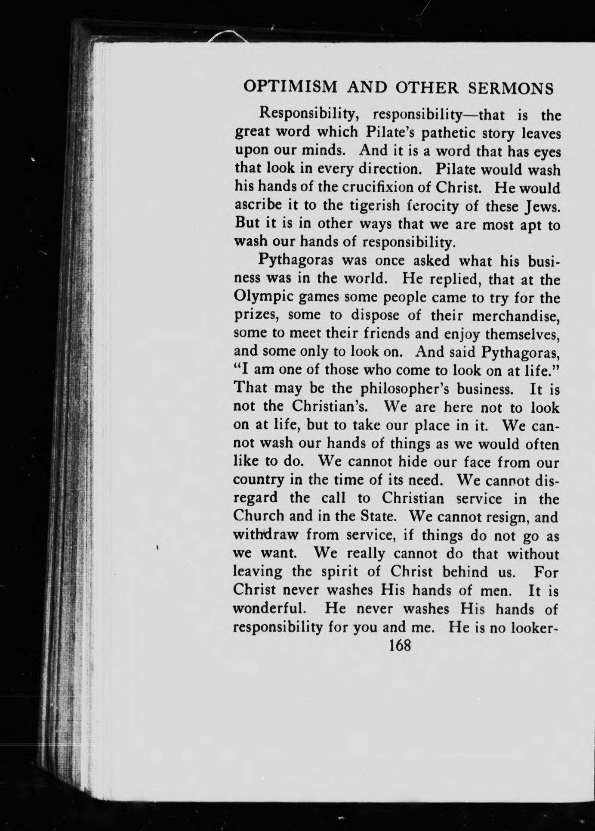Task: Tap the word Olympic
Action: coord(257,298)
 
